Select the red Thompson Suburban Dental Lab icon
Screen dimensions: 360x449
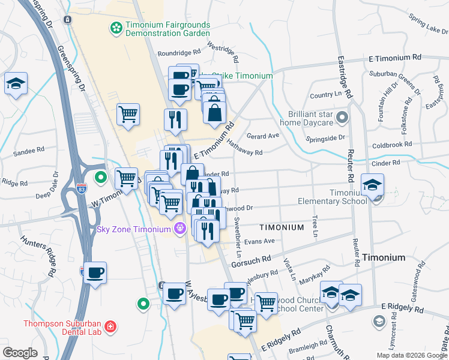110,327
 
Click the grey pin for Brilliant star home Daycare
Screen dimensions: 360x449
342,116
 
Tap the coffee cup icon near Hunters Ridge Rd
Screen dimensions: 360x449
95,272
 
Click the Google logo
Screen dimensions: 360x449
20,353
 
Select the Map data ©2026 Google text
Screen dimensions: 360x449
411,355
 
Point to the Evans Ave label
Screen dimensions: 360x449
259,241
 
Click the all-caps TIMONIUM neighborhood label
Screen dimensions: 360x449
282,228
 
